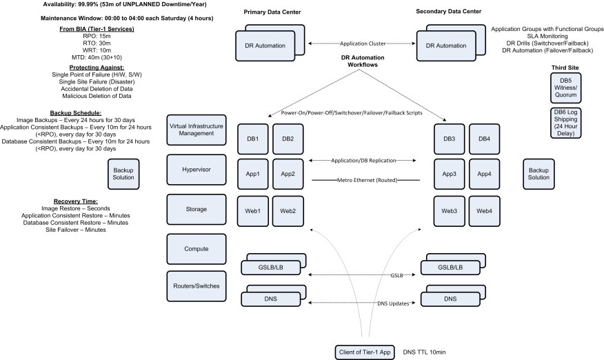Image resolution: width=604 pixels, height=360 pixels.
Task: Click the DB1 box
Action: [252, 139]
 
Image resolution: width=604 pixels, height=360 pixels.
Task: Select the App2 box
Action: [288, 173]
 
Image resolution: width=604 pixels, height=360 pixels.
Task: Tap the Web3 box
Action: [449, 210]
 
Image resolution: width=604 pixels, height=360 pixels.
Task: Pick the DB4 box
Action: [485, 139]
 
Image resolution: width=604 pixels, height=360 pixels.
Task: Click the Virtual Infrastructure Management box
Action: [197, 129]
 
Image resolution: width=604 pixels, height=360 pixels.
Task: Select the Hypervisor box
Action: [197, 169]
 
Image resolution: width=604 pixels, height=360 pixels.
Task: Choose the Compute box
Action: [197, 248]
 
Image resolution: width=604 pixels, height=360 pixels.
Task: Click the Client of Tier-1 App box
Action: [364, 351]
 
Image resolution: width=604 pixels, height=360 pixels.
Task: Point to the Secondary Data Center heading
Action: [449, 12]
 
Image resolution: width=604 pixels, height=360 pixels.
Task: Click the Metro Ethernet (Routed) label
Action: [365, 180]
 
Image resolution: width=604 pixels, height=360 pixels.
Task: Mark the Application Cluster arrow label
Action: [363, 43]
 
